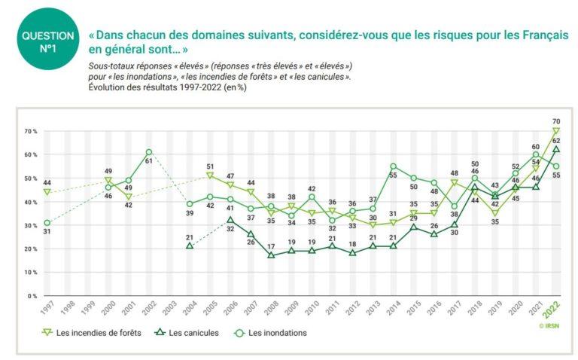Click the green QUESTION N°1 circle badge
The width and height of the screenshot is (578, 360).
[48, 41]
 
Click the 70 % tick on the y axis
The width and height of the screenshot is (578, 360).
[29, 131]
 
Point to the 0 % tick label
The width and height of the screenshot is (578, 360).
[32, 296]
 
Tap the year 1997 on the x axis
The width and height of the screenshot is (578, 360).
[47, 310]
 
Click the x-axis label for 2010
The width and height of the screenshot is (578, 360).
[311, 310]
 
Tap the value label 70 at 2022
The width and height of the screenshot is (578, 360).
[556, 121]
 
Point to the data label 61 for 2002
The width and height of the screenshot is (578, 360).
[149, 162]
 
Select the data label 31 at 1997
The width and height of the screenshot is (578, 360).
[47, 231]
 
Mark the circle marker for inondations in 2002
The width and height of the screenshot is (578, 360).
[149, 152]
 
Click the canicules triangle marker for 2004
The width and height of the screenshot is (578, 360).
[190, 246]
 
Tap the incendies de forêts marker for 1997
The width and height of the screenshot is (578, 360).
[47, 192]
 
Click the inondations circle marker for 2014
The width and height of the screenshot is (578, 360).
[393, 166]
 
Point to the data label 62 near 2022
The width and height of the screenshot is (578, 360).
[555, 140]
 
